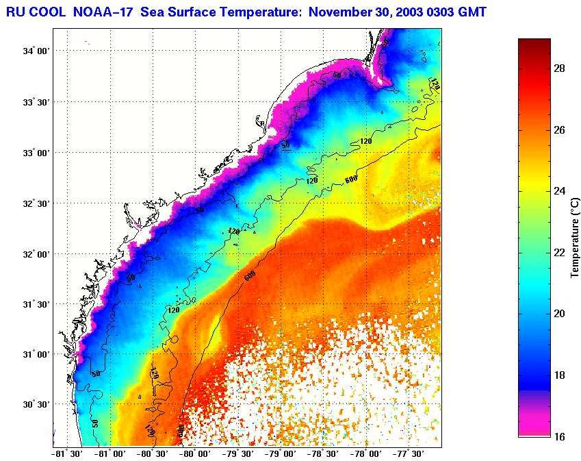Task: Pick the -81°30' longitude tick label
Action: [68, 453]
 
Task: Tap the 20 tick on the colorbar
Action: [558, 314]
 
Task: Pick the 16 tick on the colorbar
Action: [558, 436]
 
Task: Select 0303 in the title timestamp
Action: [439, 12]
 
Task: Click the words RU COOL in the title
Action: [34, 12]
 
